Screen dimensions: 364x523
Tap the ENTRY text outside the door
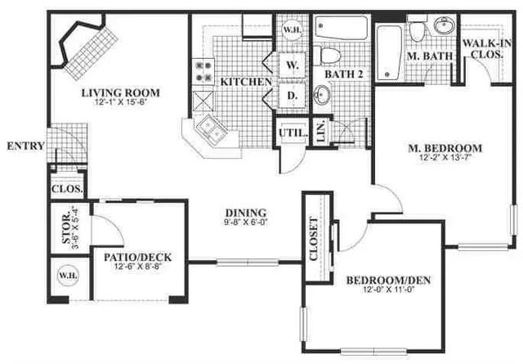click(25, 146)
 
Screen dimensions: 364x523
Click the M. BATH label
click(427, 56)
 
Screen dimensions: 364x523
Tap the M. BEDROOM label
click(445, 148)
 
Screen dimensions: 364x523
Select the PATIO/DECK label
click(136, 257)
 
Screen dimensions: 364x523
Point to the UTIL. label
click(294, 133)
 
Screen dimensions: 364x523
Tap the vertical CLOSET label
click(315, 238)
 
